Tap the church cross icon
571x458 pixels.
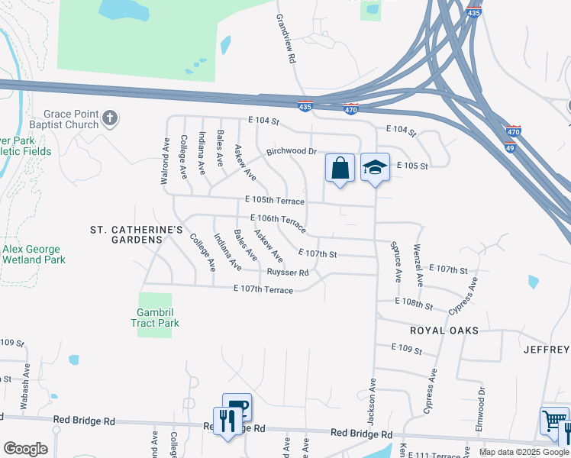[110, 118]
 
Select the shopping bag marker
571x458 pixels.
[340, 168]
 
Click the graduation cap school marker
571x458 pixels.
[375, 167]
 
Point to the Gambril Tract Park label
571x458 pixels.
[158, 318]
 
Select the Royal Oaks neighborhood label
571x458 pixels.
[444, 331]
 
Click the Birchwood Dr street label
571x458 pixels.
[291, 151]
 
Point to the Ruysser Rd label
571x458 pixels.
[288, 273]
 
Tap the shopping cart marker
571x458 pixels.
[553, 421]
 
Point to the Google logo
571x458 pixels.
[26, 449]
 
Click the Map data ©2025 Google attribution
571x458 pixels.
[523, 452]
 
